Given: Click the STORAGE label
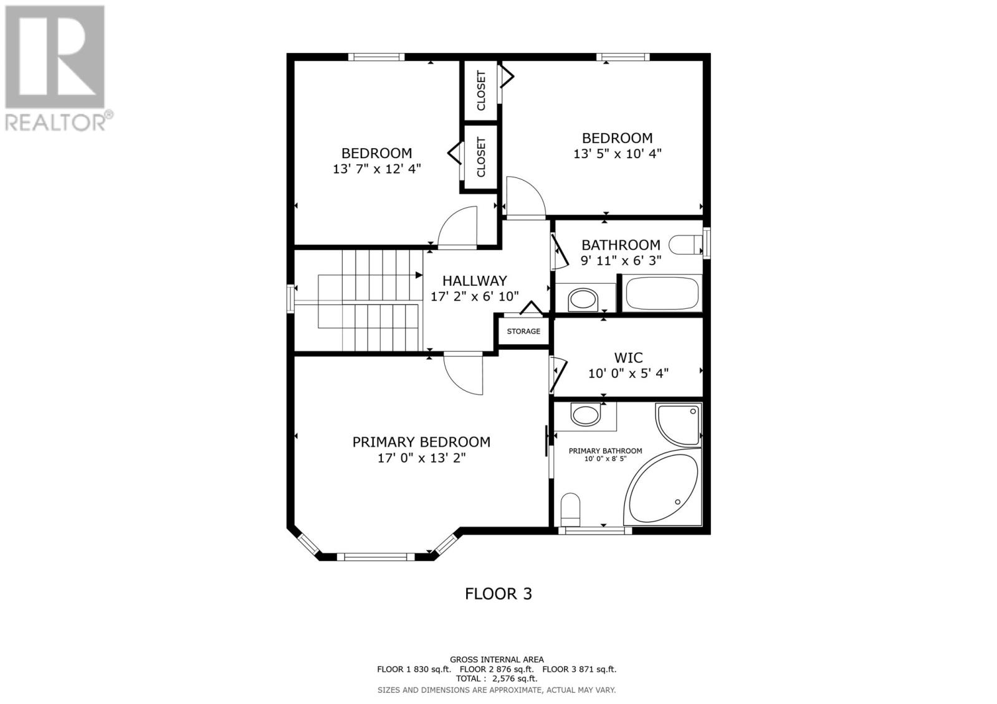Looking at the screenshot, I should click(x=523, y=331).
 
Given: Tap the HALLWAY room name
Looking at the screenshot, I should click(x=474, y=281).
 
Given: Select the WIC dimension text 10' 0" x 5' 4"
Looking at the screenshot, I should click(x=628, y=373).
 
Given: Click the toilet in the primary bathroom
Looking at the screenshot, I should click(x=570, y=508).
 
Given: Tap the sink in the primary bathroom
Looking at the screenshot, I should click(x=585, y=415).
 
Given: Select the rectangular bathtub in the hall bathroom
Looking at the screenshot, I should click(x=662, y=293).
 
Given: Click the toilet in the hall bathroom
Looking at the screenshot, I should click(x=685, y=245).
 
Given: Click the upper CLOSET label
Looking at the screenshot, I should click(x=481, y=91).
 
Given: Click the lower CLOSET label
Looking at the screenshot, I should click(x=481, y=157).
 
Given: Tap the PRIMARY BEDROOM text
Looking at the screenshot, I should click(x=421, y=442).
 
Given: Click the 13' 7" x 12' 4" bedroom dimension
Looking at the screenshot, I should click(x=377, y=169).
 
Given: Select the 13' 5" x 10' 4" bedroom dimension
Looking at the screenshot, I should click(x=617, y=154).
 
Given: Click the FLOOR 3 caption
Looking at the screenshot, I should click(x=499, y=594).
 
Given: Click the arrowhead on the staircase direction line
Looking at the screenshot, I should click(x=419, y=274).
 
